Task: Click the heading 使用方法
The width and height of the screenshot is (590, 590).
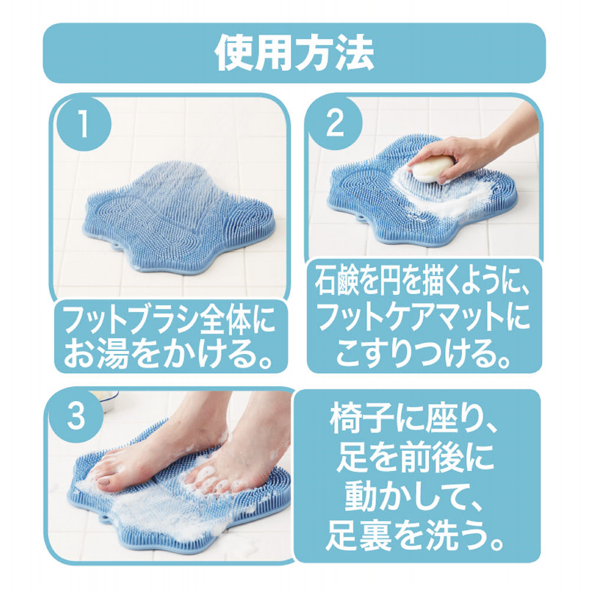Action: pos(294,54)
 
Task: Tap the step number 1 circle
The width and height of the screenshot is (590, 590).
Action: pos(84,126)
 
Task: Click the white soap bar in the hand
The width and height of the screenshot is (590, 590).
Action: pos(432,169)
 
